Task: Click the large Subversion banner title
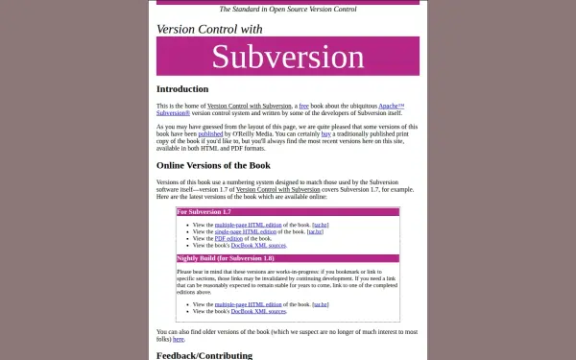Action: (x=288, y=57)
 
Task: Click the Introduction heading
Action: (x=182, y=89)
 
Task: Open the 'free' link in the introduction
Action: (x=304, y=106)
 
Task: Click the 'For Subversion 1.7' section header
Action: (x=204, y=211)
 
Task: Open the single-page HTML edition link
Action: (x=245, y=231)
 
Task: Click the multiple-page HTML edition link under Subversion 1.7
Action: (x=247, y=225)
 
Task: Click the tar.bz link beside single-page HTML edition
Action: (x=314, y=231)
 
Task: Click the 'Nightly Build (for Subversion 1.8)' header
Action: (x=226, y=258)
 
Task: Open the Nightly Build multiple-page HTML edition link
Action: (x=247, y=304)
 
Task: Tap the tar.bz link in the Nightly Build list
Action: (x=320, y=304)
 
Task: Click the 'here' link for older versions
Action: (x=179, y=339)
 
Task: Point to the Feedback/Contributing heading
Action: (x=204, y=355)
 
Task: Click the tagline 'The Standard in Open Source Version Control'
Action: (x=288, y=9)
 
